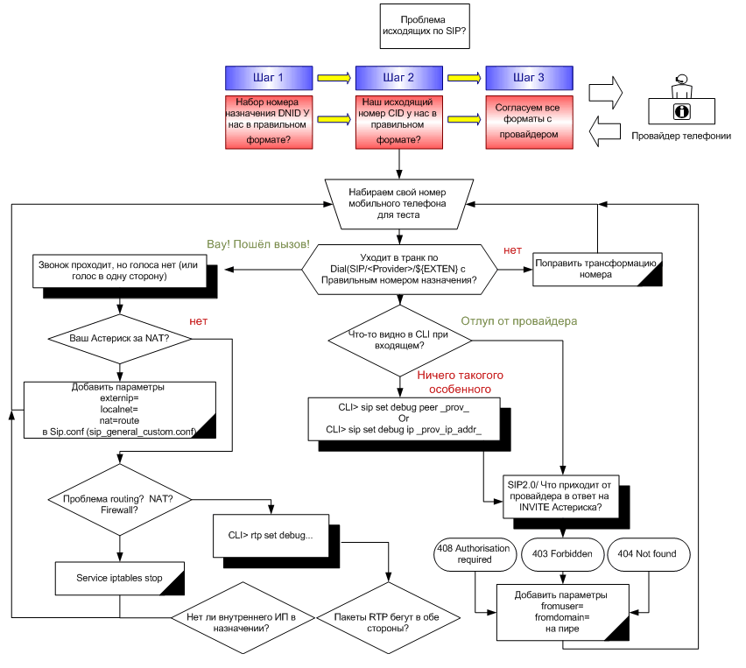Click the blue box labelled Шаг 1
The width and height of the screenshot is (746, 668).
(x=268, y=78)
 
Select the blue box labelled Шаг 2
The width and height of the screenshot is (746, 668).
(x=399, y=78)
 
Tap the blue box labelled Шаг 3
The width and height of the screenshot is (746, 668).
(x=528, y=78)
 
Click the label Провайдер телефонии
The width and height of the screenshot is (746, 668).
(x=680, y=136)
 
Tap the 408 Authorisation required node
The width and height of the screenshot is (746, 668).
(x=475, y=554)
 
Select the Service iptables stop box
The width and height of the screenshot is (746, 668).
(x=119, y=579)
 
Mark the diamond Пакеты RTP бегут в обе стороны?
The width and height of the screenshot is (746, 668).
(x=383, y=622)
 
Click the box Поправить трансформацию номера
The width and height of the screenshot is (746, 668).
(x=597, y=268)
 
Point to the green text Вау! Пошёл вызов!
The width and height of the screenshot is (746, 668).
(x=257, y=243)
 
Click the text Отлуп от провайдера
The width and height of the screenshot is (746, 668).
(x=519, y=321)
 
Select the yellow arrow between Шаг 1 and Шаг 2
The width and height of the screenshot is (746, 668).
(x=333, y=78)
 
